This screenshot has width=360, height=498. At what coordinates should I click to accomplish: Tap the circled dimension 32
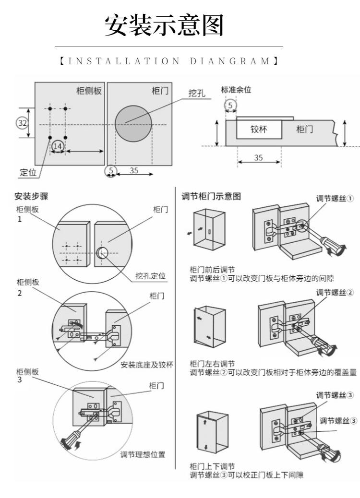pyautogui.click(x=22, y=123)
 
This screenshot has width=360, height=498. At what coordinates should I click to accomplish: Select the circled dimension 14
pyautogui.click(x=58, y=145)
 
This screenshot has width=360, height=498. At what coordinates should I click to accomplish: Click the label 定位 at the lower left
pyautogui.click(x=23, y=172)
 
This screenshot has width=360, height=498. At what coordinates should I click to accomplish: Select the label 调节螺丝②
pyautogui.click(x=335, y=293)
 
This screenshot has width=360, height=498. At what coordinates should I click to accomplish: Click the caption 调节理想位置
pyautogui.click(x=143, y=454)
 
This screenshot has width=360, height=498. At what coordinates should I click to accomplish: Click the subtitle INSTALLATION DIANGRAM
pyautogui.click(x=169, y=61)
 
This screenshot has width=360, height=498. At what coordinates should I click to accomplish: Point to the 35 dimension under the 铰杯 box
pyautogui.click(x=258, y=157)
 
